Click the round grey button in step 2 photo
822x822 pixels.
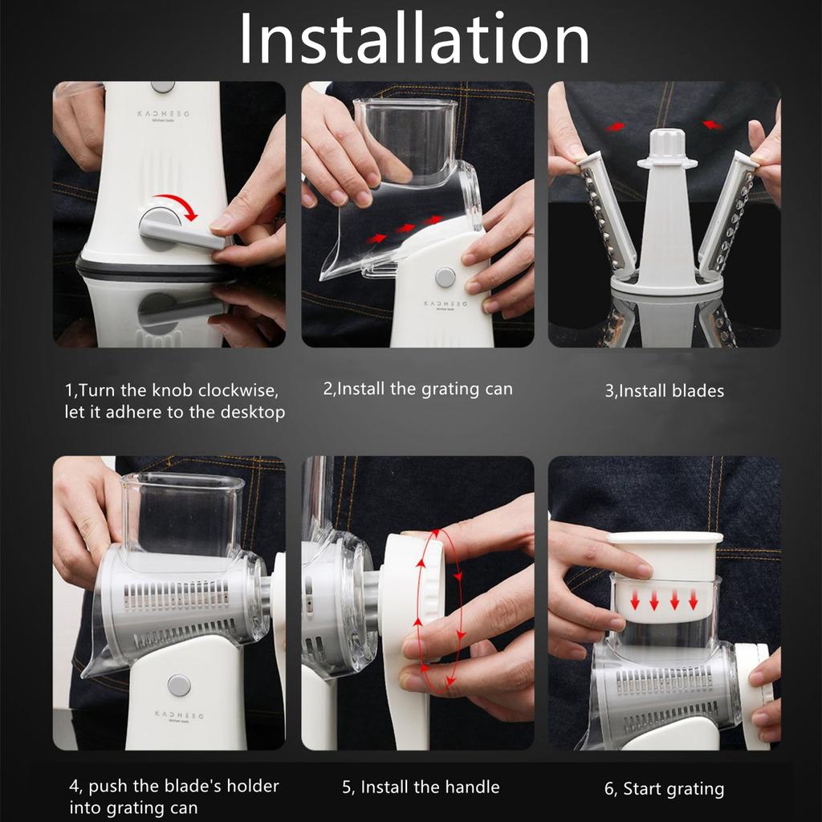point(445,277)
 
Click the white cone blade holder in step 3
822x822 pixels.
point(667,210)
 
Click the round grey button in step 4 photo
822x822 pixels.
point(179,686)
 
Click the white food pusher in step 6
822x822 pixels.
point(664,576)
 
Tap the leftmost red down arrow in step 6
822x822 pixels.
point(635,600)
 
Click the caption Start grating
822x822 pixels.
point(664,789)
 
